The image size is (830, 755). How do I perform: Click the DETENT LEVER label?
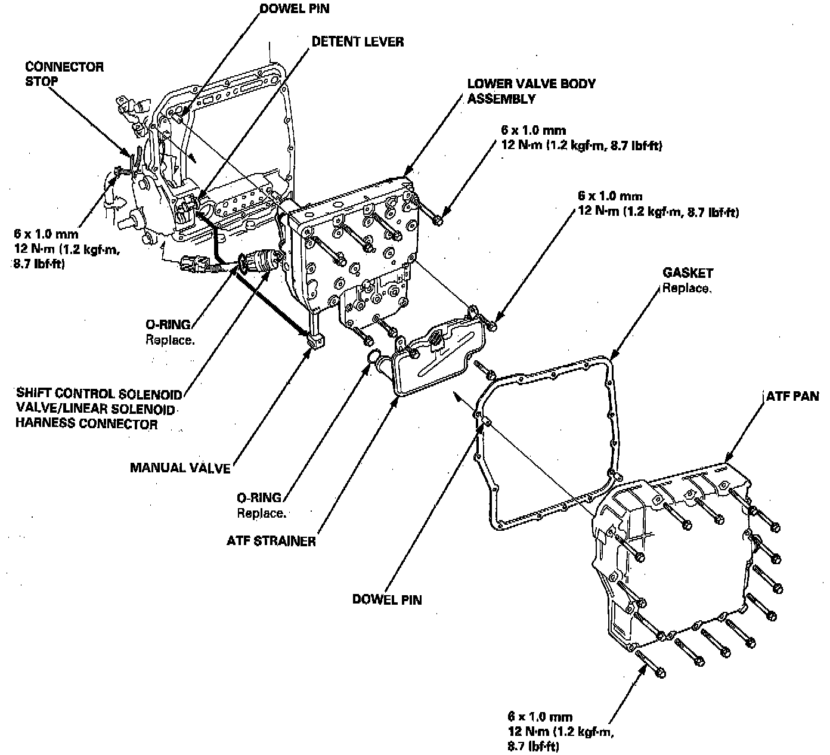357,42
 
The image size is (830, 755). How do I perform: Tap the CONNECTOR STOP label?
64,73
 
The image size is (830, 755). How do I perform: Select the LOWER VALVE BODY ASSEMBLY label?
531,91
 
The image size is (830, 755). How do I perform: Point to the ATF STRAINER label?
271,542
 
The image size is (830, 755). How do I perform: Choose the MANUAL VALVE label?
180,468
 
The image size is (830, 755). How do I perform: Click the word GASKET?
687,273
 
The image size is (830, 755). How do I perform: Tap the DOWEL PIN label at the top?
295,8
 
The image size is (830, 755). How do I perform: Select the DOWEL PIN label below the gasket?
387,599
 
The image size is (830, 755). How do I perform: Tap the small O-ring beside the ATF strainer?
373,357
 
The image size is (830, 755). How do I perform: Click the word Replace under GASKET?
686,289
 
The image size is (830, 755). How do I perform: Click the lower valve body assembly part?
352,250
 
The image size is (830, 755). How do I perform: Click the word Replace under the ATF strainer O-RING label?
261,513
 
